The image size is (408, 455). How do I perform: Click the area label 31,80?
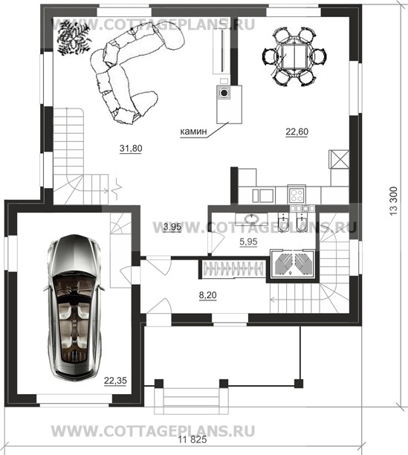(131, 148)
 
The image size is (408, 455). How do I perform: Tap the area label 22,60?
(297, 132)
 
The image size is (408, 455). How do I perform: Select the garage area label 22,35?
(115, 381)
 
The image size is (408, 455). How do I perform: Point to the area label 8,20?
(207, 295)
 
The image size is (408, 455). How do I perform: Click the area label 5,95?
(248, 242)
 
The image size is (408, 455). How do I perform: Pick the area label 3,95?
(172, 227)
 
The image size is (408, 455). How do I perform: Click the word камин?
(193, 132)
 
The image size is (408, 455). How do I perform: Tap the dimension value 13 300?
(393, 201)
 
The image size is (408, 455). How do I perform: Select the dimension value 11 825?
(192, 439)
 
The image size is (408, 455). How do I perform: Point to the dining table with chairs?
(294, 57)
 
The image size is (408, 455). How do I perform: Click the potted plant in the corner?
(73, 37)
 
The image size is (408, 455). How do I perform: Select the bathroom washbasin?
(251, 219)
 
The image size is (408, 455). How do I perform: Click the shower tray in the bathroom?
(292, 263)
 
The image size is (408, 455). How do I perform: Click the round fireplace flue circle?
(224, 93)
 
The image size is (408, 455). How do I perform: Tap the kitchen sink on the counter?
(263, 195)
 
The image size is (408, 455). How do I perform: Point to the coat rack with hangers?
(233, 268)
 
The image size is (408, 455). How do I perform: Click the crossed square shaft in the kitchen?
(339, 159)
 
